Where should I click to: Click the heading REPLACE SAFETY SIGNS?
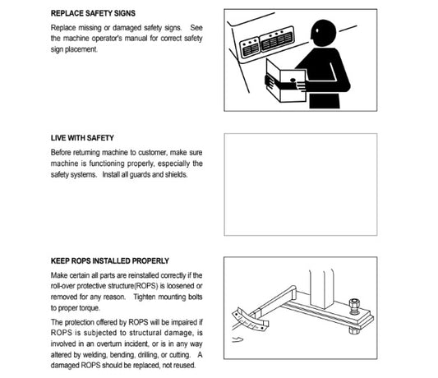[93, 13]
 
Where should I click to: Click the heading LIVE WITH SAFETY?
[82, 138]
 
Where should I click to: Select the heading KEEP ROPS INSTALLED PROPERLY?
[110, 261]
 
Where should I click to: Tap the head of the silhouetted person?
[323, 31]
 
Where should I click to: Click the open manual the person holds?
[285, 81]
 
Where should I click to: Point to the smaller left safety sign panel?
[250, 48]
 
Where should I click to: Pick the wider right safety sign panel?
[277, 39]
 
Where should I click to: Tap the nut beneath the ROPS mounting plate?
[353, 331]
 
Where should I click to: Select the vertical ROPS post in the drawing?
[322, 289]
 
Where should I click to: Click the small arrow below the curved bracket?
[237, 339]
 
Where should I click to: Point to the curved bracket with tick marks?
[250, 320]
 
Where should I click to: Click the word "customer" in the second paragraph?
[153, 153]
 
